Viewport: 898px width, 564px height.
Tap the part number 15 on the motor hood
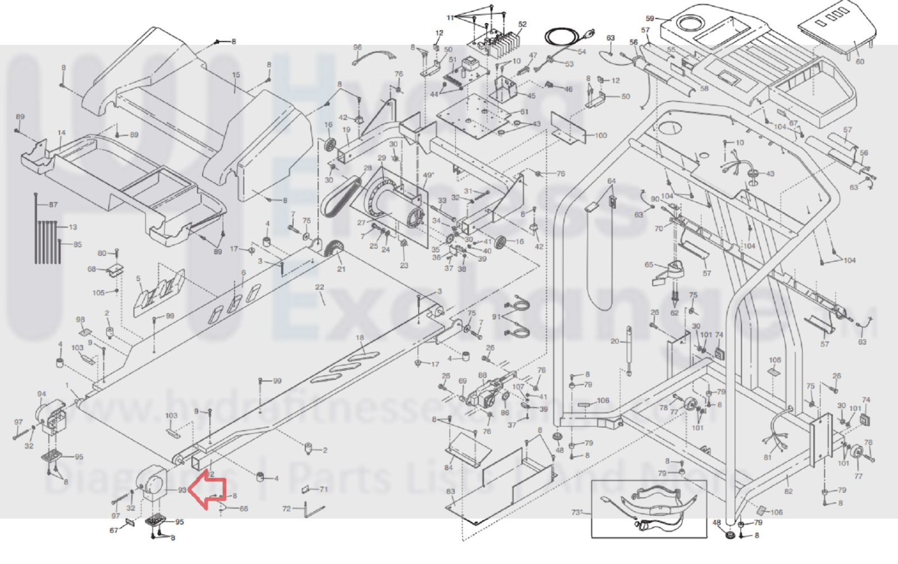click(236, 75)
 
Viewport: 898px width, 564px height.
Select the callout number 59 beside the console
click(650, 19)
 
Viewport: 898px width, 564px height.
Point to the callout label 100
click(600, 135)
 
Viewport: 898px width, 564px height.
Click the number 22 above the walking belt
click(320, 287)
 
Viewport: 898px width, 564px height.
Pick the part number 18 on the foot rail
click(359, 338)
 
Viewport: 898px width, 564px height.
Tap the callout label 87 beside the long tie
click(53, 204)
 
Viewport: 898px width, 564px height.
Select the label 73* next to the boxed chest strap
click(577, 512)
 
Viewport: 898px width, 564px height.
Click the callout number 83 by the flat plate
click(450, 492)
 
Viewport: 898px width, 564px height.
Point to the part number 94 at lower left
click(42, 394)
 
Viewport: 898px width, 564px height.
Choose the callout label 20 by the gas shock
click(615, 342)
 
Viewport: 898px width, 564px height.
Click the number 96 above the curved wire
click(357, 48)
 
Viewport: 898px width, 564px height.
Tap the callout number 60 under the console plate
click(860, 61)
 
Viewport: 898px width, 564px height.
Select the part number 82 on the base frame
click(788, 492)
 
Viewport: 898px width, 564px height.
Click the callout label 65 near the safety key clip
click(649, 265)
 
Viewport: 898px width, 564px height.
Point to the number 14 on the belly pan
click(61, 133)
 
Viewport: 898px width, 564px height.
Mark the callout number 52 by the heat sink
click(522, 24)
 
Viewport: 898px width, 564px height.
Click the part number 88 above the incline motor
click(482, 375)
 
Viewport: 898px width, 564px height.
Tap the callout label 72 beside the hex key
click(286, 508)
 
